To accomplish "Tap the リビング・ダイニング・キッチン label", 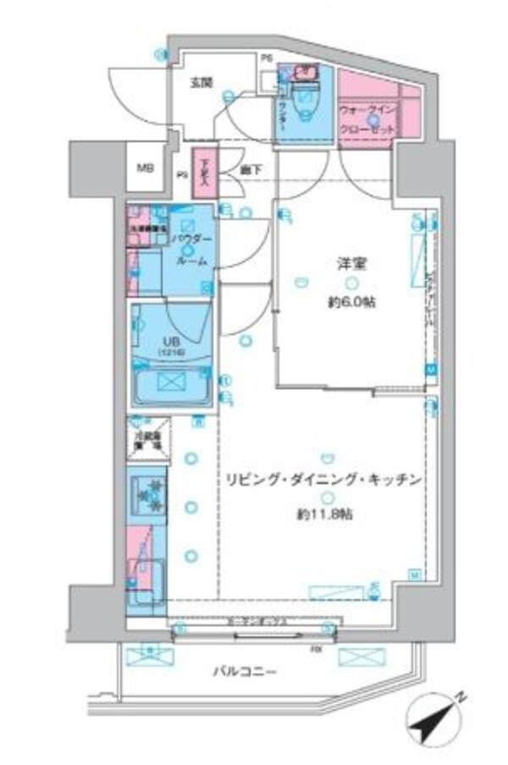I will [x=322, y=480].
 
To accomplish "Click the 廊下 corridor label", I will [x=250, y=170].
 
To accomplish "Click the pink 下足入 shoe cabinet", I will [x=202, y=168].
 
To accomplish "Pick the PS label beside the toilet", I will [x=266, y=59].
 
